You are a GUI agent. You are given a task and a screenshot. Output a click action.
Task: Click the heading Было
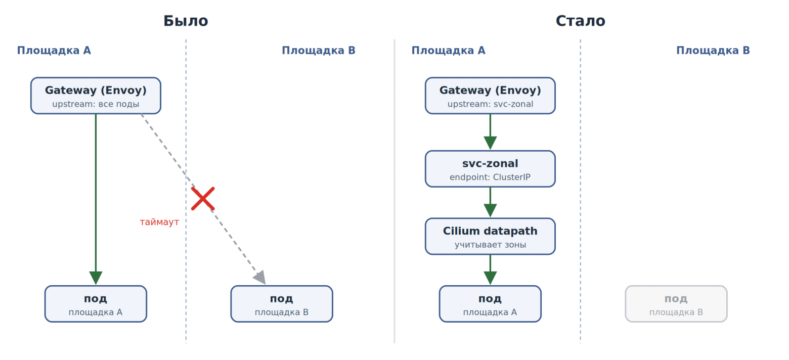pos(186,21)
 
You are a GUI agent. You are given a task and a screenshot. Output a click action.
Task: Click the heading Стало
pos(580,21)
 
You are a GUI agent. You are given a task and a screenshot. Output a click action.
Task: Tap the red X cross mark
pos(203,199)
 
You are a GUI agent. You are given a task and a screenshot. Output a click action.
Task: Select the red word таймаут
pos(159,222)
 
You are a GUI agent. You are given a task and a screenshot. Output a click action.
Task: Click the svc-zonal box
pos(490,169)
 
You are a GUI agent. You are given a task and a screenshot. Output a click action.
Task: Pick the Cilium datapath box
pos(490,236)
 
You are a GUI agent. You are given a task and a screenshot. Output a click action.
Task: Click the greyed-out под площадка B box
pos(676,304)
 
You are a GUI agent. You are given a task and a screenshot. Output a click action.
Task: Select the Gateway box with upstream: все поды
pos(96,96)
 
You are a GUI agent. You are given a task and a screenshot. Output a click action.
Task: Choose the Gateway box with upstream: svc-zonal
pos(490,96)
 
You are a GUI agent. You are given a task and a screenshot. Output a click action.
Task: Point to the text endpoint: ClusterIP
pos(490,177)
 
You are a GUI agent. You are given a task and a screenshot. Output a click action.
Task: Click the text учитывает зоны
pos(490,244)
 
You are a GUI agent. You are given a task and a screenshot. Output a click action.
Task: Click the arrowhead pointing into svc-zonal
pos(490,143)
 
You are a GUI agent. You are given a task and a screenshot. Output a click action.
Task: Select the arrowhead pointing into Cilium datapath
pos(490,211)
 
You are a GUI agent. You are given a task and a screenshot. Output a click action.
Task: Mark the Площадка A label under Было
pos(54,51)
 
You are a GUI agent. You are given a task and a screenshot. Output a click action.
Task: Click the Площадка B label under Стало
pos(713,51)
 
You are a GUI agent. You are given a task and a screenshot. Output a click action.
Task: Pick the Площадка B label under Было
pos(319,51)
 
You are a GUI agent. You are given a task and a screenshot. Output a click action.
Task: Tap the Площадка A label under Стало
pos(449,51)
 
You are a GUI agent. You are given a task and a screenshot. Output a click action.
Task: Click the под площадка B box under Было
pos(282,304)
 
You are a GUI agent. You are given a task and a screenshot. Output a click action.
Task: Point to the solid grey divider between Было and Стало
pos(394,191)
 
